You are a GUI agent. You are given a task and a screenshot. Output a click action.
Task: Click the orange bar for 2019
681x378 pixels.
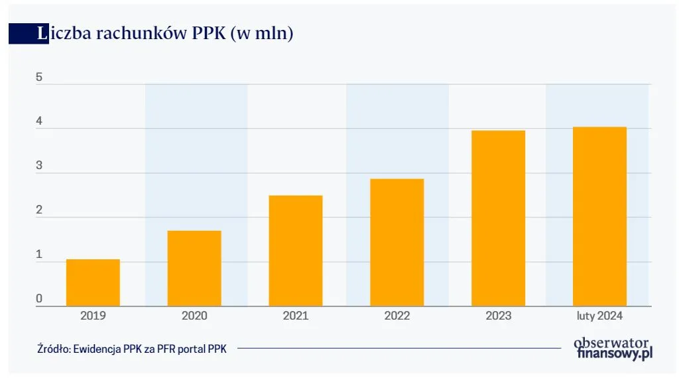point(93,283)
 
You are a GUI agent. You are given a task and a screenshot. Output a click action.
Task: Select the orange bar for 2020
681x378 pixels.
point(194,269)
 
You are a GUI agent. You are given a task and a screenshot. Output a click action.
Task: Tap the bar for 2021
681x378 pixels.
point(295,251)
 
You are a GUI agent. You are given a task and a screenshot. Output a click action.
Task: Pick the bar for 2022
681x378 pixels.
point(397,243)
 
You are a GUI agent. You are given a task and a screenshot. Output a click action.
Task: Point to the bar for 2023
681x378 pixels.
point(498,218)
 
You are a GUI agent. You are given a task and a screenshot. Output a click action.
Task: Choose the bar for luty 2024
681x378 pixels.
point(599,216)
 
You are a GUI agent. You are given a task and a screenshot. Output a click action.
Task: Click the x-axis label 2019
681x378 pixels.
point(93,316)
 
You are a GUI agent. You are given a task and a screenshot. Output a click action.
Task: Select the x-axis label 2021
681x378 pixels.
point(295,316)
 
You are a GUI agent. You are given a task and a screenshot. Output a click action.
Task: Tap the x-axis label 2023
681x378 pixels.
point(498,316)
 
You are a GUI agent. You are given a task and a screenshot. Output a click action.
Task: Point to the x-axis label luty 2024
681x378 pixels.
point(599,316)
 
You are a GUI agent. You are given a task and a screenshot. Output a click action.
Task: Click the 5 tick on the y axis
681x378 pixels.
point(39,78)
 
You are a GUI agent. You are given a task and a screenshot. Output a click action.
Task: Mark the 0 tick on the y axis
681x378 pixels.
point(39,299)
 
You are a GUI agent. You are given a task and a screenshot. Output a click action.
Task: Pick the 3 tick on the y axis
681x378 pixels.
point(39,166)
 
